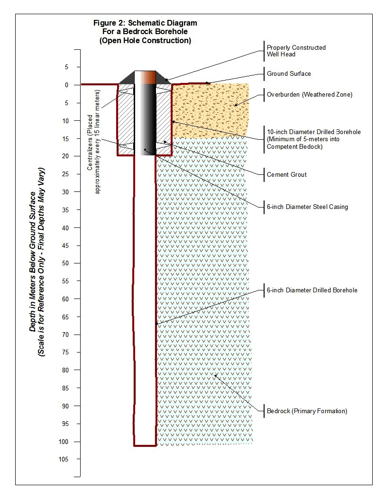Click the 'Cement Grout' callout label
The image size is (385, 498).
[286, 174]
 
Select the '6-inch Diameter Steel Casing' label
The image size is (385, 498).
[307, 207]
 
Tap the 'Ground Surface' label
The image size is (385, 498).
[289, 74]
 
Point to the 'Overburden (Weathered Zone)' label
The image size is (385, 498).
[309, 94]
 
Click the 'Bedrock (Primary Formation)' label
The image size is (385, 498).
[307, 411]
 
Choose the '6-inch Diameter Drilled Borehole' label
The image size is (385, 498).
[312, 290]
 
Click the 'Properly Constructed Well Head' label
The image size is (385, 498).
[296, 51]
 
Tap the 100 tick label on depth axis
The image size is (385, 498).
[63, 442]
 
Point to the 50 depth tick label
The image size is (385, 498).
[65, 263]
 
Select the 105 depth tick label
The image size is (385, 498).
[63, 459]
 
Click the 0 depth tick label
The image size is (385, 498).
[66, 85]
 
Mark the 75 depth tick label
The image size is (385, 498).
[65, 352]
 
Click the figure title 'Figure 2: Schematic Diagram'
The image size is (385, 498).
[145, 23]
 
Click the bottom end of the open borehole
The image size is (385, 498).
[145, 445]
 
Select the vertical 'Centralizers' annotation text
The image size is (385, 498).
[93, 142]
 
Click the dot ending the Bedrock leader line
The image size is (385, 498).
[215, 376]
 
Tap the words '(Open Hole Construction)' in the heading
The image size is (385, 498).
[145, 41]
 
